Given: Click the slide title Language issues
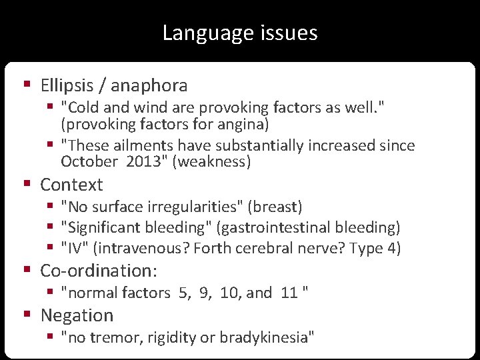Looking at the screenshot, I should (x=240, y=33).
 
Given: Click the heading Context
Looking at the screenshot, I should (x=71, y=185).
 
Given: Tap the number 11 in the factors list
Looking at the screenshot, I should (x=289, y=293).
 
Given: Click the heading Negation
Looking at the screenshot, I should (x=77, y=315).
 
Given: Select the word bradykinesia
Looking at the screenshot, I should (x=266, y=337).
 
